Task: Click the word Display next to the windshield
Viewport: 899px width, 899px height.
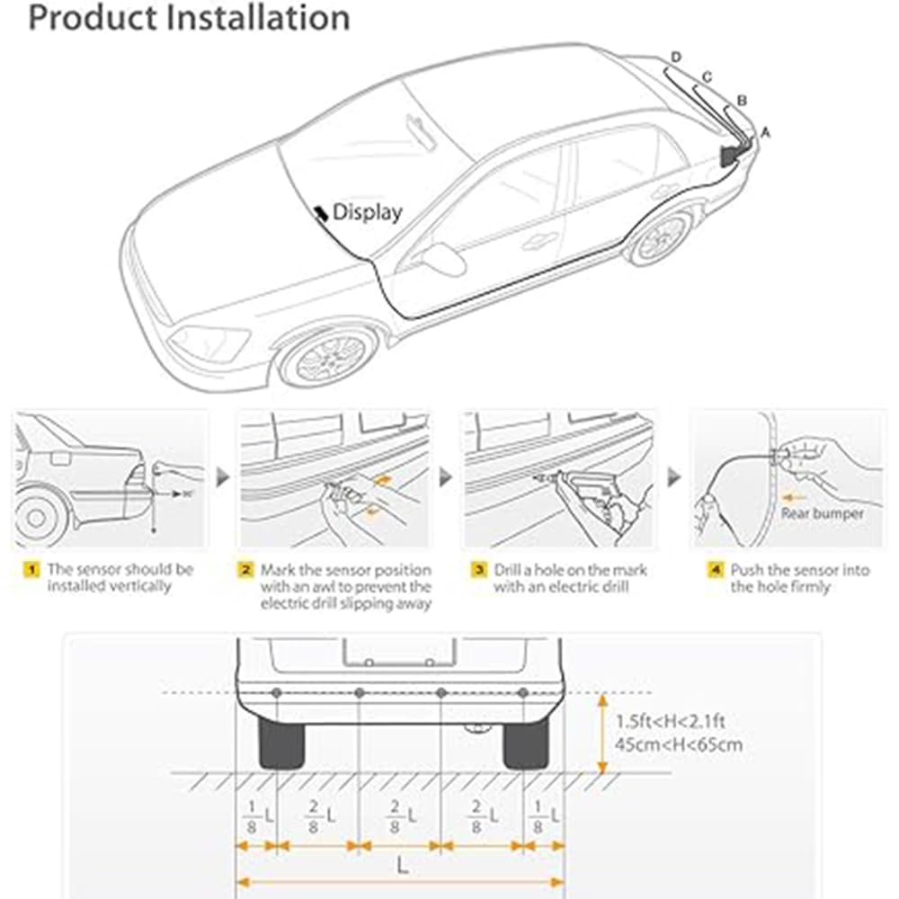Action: click(367, 212)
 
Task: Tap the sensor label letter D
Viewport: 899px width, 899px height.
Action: click(676, 58)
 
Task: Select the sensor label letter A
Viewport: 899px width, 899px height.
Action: click(765, 131)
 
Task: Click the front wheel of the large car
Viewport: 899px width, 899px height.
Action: click(329, 356)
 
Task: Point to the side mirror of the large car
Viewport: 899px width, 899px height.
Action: click(444, 259)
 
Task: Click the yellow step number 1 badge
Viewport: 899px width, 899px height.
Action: click(31, 570)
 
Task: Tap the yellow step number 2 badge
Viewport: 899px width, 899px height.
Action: click(245, 570)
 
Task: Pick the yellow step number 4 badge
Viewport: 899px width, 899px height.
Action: click(715, 570)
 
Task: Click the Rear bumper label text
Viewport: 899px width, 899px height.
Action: click(822, 513)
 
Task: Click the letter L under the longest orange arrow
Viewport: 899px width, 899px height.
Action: click(401, 867)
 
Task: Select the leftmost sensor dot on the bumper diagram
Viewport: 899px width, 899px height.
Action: click(276, 693)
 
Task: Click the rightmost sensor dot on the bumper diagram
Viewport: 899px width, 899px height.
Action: click(523, 693)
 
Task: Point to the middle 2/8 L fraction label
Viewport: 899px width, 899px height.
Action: click(401, 816)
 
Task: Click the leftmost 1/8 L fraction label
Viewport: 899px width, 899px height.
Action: click(256, 816)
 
